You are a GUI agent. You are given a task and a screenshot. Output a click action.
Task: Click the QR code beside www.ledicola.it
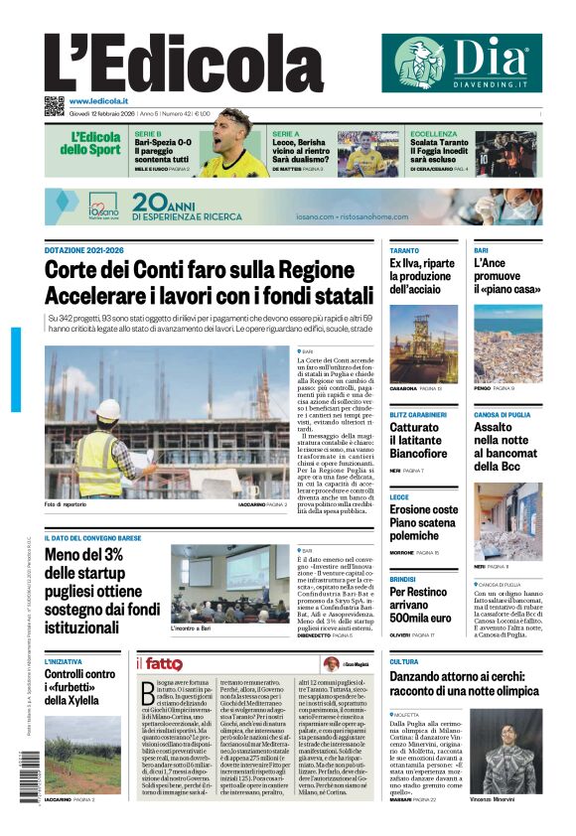[54, 103]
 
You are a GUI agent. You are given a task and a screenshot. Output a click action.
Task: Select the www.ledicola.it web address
[98, 101]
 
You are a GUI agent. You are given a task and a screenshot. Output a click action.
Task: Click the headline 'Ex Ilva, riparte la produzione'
[422, 277]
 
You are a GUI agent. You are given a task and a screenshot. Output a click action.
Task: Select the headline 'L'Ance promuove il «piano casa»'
[507, 277]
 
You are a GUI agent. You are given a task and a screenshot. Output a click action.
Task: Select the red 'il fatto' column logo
[160, 664]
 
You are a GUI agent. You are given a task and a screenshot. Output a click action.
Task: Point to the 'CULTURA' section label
[403, 661]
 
